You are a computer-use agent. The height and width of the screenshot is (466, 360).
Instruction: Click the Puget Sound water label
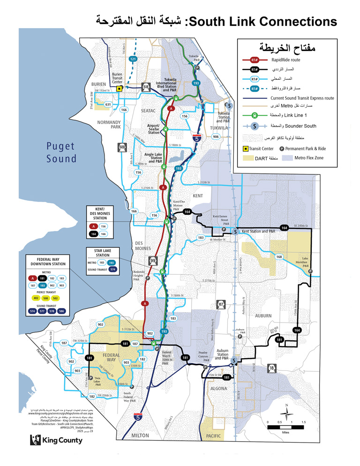[x=60, y=152]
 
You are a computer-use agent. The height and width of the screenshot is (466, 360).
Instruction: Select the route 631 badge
[x=108, y=104]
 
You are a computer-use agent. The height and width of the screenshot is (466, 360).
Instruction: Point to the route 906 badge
[x=216, y=136]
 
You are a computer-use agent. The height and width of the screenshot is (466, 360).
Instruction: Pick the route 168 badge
[x=279, y=256]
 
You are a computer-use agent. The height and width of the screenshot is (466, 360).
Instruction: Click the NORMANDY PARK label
[x=109, y=124]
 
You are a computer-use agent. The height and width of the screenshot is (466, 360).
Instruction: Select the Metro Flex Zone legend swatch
[x=285, y=158]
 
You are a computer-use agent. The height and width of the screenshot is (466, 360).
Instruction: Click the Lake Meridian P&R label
[x=305, y=262]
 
